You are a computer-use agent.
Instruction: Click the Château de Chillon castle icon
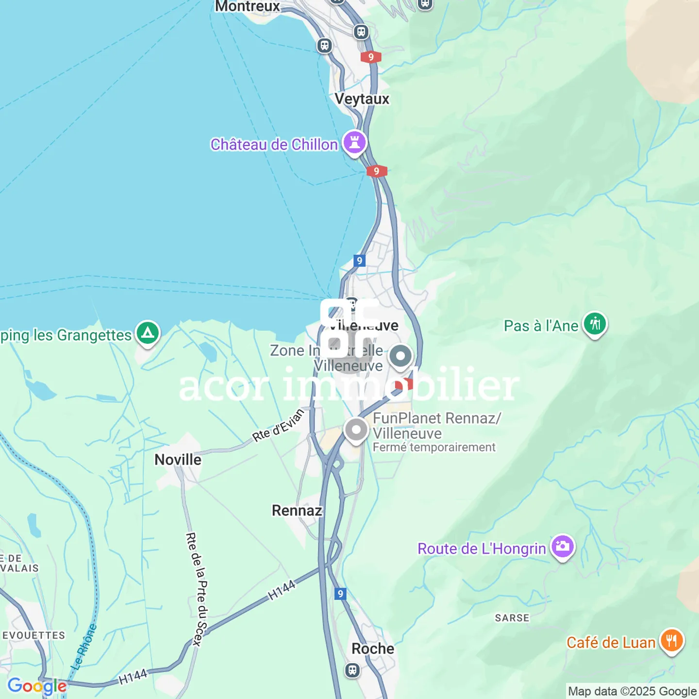tap(355, 143)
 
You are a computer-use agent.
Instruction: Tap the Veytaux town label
tap(362, 99)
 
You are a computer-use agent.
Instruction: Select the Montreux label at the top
tap(248, 7)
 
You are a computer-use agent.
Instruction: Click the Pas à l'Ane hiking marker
tap(595, 324)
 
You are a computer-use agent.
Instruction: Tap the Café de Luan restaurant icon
tap(672, 641)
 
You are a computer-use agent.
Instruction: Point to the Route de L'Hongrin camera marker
tap(563, 547)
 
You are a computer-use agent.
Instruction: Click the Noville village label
tap(178, 460)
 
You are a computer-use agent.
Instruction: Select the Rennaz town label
tap(297, 511)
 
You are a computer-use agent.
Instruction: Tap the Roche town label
tap(373, 649)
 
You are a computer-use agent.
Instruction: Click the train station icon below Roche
tap(352, 671)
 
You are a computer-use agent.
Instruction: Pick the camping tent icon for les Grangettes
tap(148, 333)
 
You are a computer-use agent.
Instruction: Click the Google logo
tap(37, 686)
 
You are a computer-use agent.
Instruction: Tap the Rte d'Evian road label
tap(278, 426)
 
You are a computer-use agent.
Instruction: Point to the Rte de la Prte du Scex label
tap(197, 589)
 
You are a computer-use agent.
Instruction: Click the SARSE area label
tap(512, 618)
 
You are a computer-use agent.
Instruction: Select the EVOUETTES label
tap(33, 635)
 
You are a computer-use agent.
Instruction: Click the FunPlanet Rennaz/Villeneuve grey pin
tap(356, 430)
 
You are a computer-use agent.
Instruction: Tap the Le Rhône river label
tap(84, 647)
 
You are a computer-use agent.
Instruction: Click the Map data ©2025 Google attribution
tap(632, 691)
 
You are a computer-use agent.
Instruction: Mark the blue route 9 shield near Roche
tap(341, 594)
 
